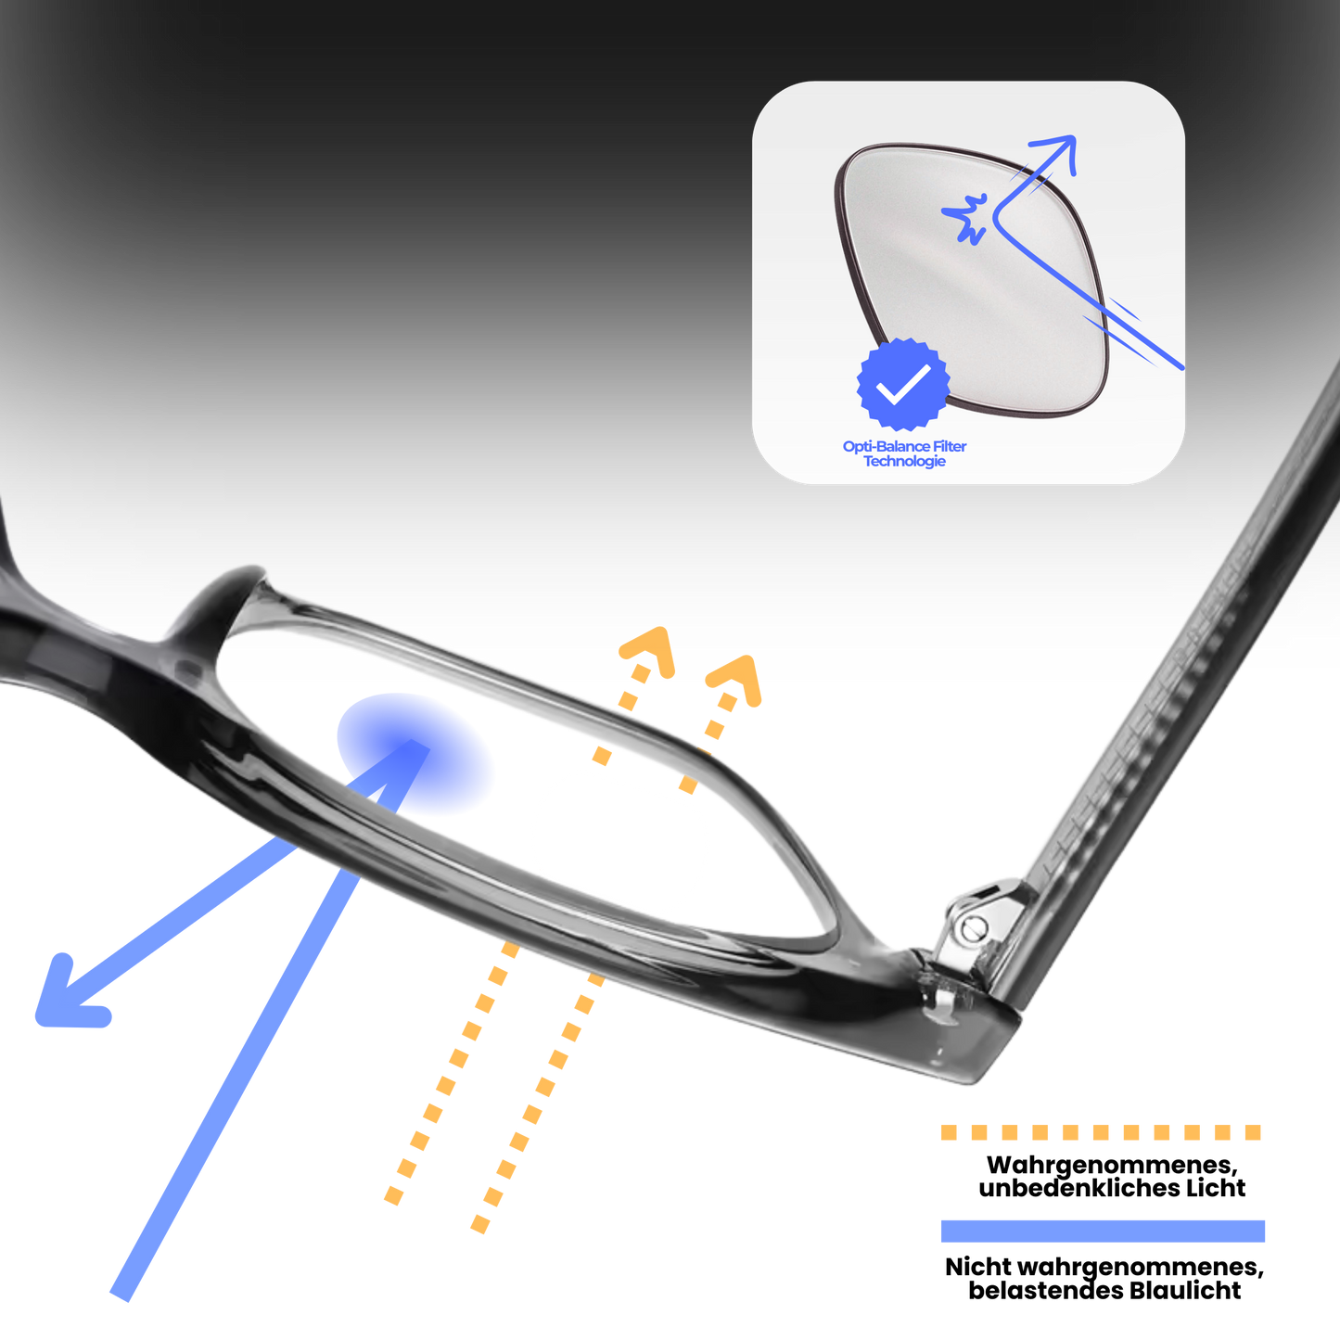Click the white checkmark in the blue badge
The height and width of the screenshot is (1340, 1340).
coord(904,383)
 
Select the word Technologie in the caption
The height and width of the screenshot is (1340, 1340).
coord(904,462)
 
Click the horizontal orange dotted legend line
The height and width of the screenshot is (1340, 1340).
coord(1101,1132)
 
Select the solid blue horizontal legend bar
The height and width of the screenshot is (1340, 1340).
coord(1103,1231)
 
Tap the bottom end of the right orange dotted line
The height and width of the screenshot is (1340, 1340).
coord(479,1225)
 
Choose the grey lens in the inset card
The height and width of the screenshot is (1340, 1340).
coord(964,269)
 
